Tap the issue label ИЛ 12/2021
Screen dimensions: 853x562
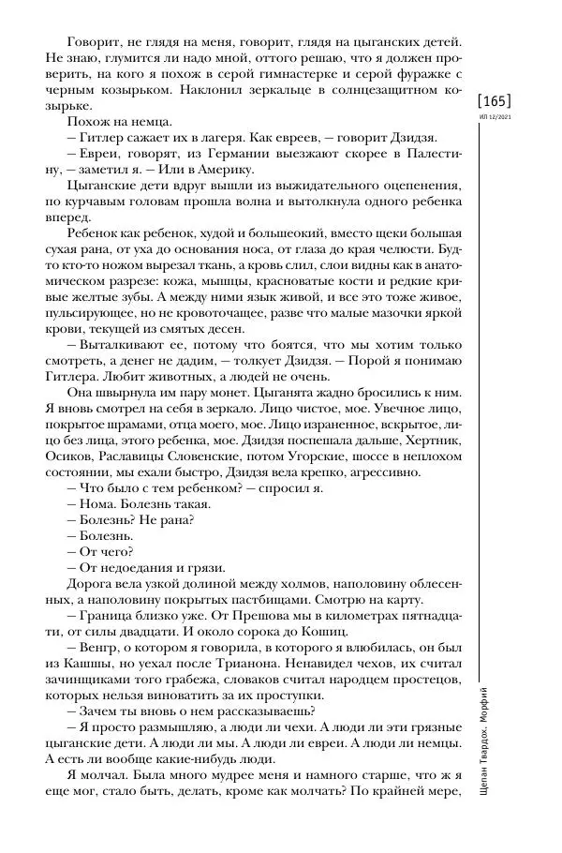(x=495, y=117)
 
